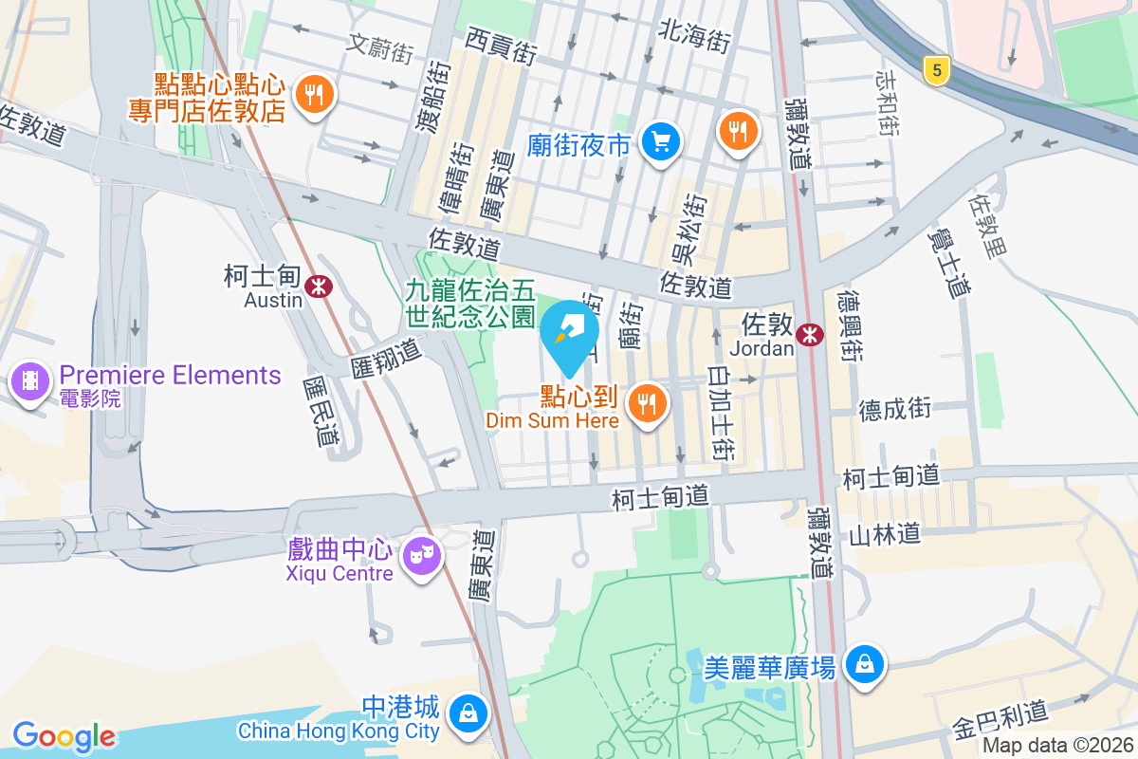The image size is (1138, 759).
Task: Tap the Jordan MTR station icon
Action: (x=810, y=333)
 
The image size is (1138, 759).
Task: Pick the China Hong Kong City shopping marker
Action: (x=468, y=711)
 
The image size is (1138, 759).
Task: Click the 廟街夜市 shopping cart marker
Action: (x=660, y=142)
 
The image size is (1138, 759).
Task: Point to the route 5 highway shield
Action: (x=936, y=69)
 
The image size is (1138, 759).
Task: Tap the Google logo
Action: (x=64, y=736)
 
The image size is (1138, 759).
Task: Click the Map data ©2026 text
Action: (x=1057, y=745)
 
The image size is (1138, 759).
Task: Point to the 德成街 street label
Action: (x=895, y=409)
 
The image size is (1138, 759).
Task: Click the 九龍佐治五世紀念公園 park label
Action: (x=471, y=303)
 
